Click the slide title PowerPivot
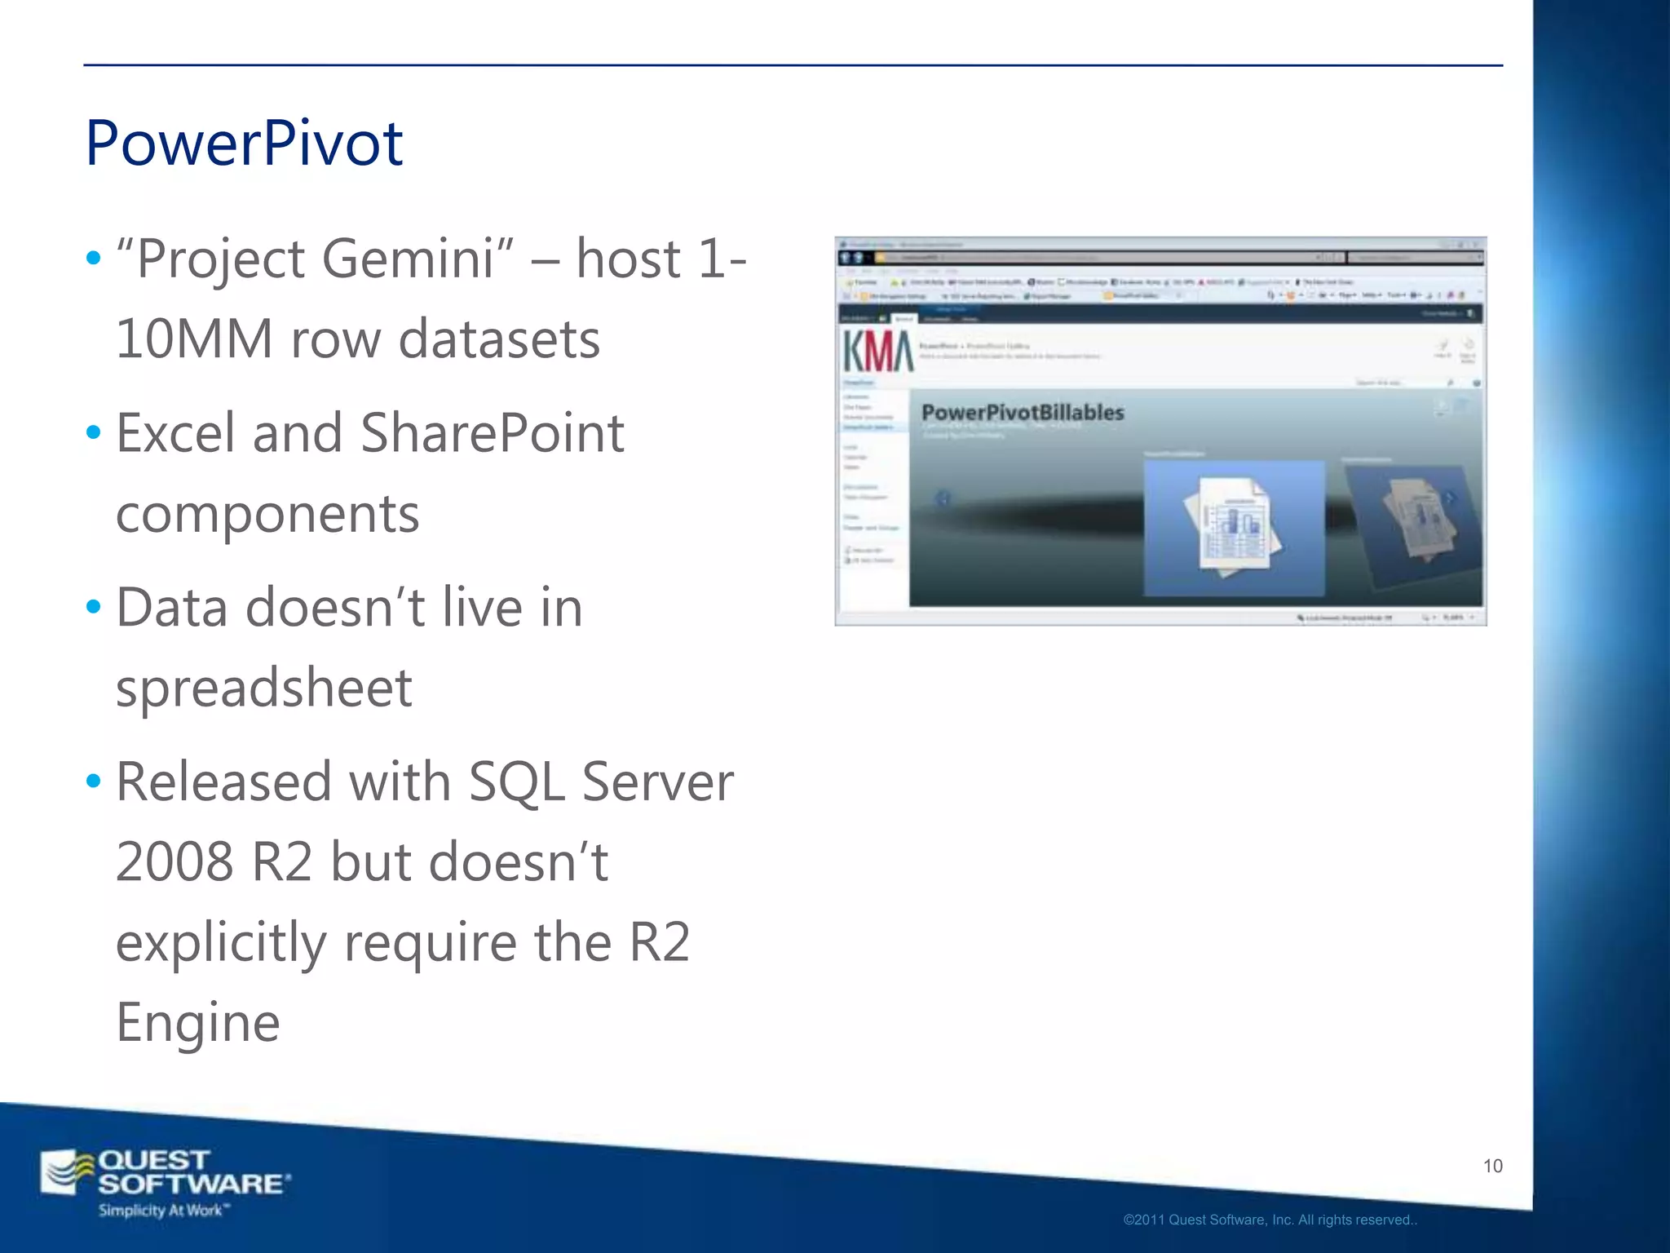tap(244, 144)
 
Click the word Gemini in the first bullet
tap(409, 260)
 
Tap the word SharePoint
tap(492, 433)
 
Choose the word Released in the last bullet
tap(223, 782)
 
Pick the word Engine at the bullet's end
tap(198, 1022)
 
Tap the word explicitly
tap(221, 943)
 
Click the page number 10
tap(1492, 1166)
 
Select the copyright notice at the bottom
tap(1270, 1220)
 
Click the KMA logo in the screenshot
tap(877, 352)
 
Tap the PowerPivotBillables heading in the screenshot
tap(1023, 413)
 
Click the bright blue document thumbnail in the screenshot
tap(1233, 527)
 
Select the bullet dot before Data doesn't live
tap(94, 607)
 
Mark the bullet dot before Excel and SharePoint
tap(94, 432)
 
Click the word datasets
tap(499, 339)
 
